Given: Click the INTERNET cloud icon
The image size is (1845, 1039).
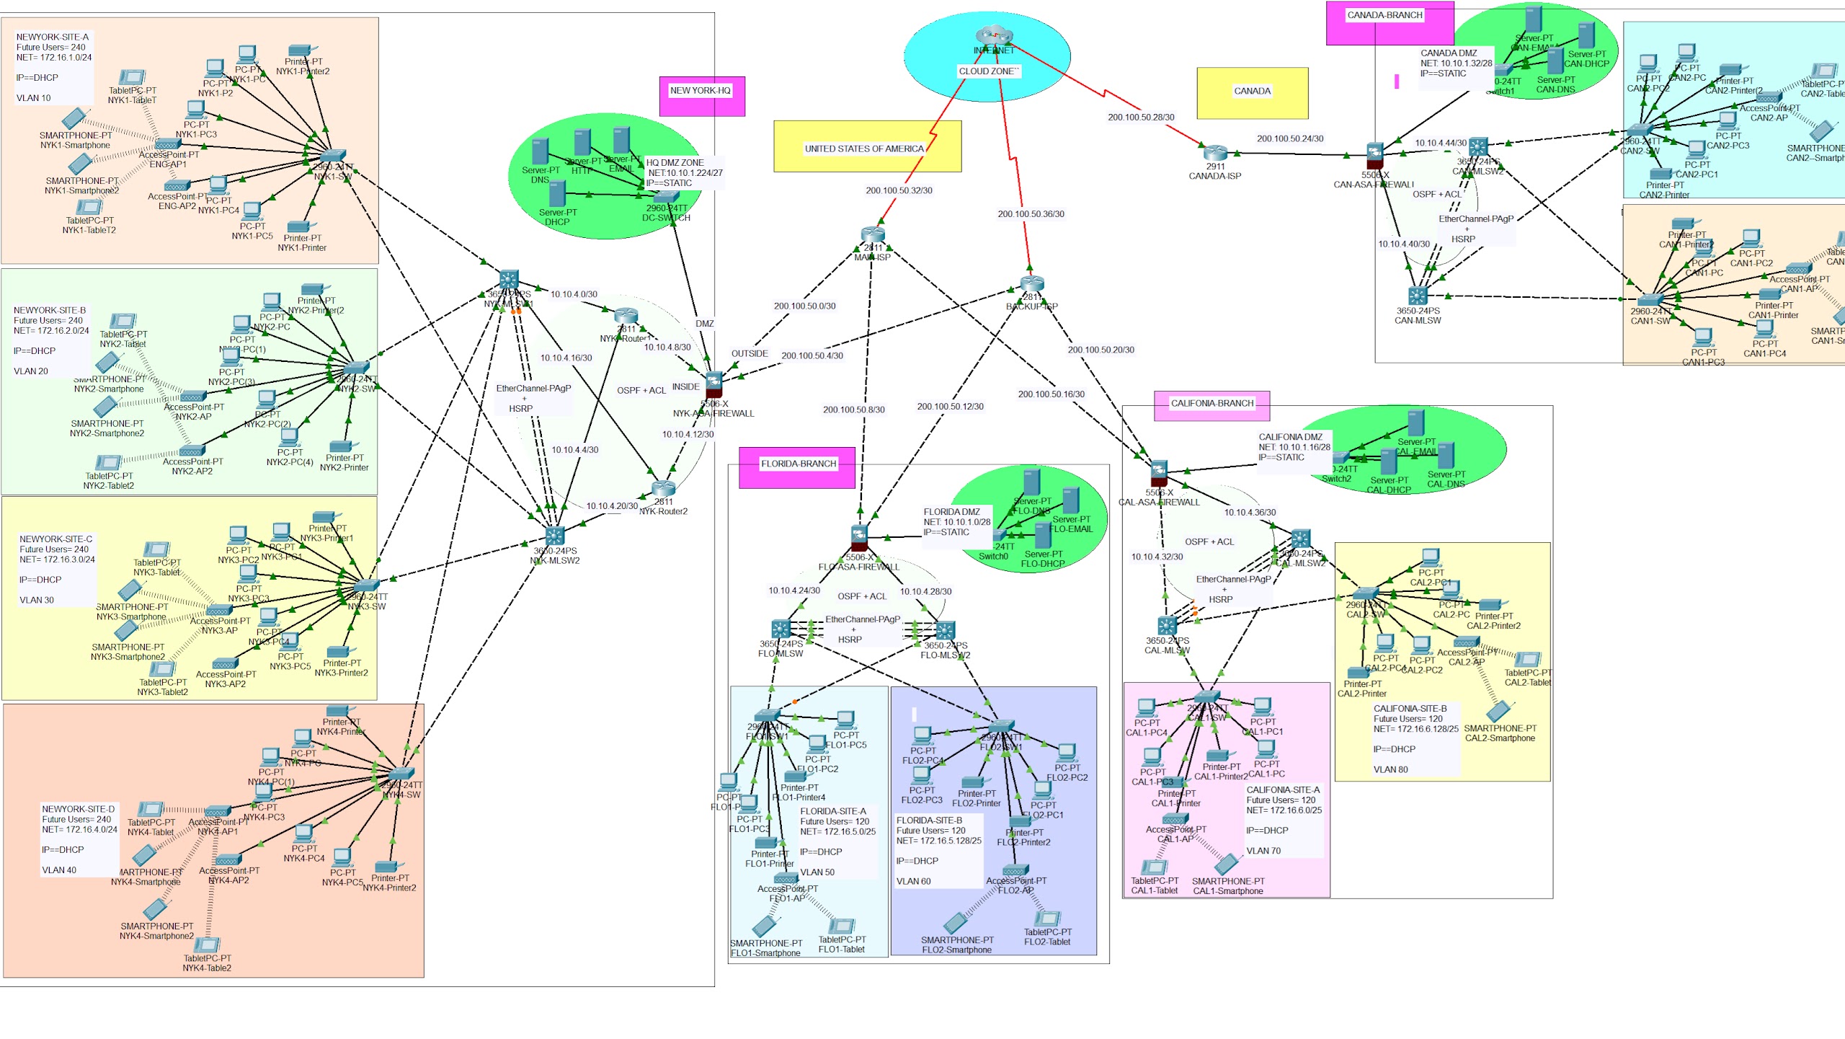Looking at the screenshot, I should click(x=994, y=35).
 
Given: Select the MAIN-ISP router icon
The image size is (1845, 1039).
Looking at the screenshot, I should click(x=872, y=234).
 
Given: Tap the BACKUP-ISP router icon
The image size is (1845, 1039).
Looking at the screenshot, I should click(x=1031, y=284).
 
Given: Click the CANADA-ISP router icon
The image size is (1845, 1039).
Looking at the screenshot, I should click(x=1215, y=153).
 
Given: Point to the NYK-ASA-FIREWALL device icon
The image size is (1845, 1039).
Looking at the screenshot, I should click(x=713, y=384).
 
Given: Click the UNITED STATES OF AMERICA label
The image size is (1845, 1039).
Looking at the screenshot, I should click(x=863, y=149).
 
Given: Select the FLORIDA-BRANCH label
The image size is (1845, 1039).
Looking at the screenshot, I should click(x=798, y=464).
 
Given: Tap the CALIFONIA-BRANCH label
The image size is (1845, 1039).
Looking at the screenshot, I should click(x=1212, y=404).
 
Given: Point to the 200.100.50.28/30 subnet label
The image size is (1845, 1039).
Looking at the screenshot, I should click(x=1141, y=118).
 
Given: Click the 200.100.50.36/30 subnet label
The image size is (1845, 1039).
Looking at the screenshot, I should click(x=1031, y=214).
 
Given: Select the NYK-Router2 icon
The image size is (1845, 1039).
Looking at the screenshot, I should click(x=663, y=488).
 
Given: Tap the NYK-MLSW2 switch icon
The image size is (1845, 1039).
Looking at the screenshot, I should click(x=555, y=536).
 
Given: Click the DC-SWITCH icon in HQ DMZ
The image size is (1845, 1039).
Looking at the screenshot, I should click(x=666, y=196).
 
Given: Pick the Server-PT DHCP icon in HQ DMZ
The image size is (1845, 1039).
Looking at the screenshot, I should click(x=557, y=194).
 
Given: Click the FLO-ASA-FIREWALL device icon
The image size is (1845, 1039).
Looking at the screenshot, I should click(x=859, y=538).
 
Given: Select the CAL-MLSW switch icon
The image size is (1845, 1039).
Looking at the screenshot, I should click(x=1167, y=626).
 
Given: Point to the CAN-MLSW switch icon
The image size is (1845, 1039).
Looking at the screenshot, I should click(x=1417, y=296).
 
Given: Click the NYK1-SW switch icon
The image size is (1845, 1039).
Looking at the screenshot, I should click(x=332, y=156).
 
